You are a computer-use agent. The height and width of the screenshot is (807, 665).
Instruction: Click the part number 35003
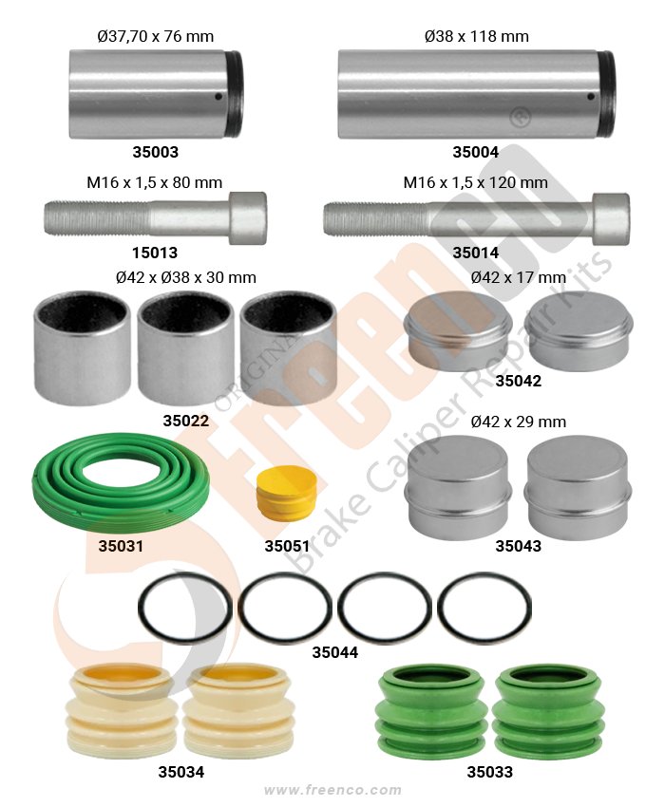click(156, 152)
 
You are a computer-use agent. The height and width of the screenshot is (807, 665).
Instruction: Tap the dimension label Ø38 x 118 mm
click(477, 36)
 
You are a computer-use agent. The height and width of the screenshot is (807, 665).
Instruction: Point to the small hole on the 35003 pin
click(218, 96)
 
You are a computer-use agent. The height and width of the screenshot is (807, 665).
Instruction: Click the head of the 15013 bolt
click(248, 218)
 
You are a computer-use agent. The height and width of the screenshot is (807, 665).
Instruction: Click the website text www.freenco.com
click(332, 790)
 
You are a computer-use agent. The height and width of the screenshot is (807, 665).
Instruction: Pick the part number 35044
click(334, 652)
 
